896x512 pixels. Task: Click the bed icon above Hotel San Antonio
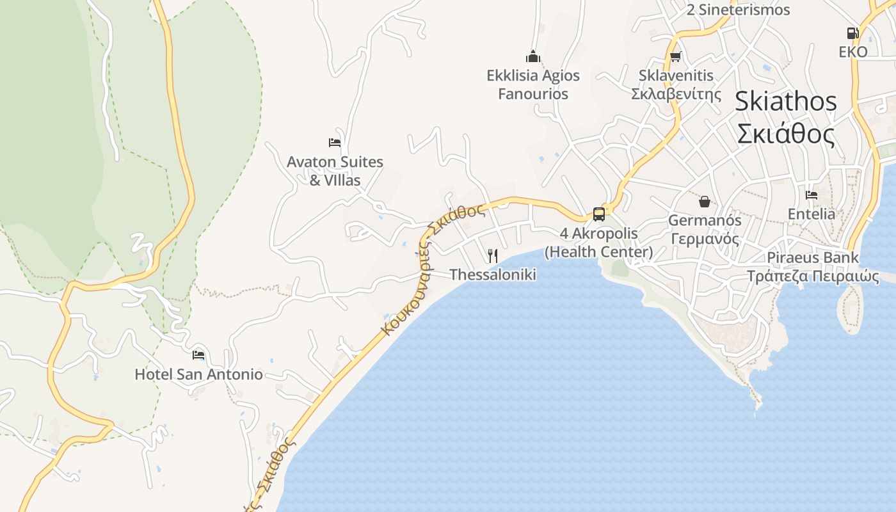198,355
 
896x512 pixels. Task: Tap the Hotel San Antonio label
198,374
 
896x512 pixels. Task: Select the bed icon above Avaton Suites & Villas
334,142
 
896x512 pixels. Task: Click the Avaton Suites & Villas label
335,171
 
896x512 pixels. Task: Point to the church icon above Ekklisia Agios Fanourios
533,56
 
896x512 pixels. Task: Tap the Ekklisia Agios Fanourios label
533,84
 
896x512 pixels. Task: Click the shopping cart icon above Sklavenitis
675,57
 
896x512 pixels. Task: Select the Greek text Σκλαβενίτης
676,94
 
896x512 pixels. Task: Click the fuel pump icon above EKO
852,33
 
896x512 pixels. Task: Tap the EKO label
853,52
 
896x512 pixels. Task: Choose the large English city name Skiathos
785,101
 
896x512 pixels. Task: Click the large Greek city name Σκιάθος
785,134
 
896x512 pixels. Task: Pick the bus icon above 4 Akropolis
599,214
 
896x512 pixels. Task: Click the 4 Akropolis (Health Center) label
599,243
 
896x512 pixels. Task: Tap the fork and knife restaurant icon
492,256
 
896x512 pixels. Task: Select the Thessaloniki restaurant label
492,275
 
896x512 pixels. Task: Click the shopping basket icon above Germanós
705,202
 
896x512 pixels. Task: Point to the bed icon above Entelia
812,195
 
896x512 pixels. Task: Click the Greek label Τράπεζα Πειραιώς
813,276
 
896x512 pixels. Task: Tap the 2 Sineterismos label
738,10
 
